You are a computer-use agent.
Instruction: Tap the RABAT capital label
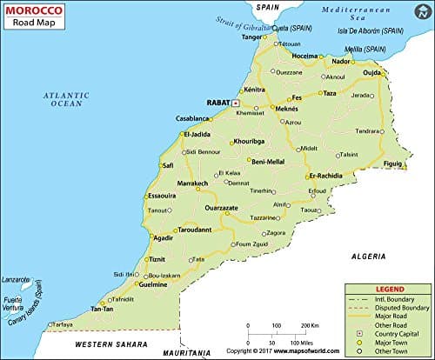(x=217, y=102)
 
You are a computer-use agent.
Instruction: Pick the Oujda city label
(x=371, y=72)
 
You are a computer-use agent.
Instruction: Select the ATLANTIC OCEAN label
(x=69, y=99)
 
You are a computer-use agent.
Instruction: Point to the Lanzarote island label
(x=18, y=280)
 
